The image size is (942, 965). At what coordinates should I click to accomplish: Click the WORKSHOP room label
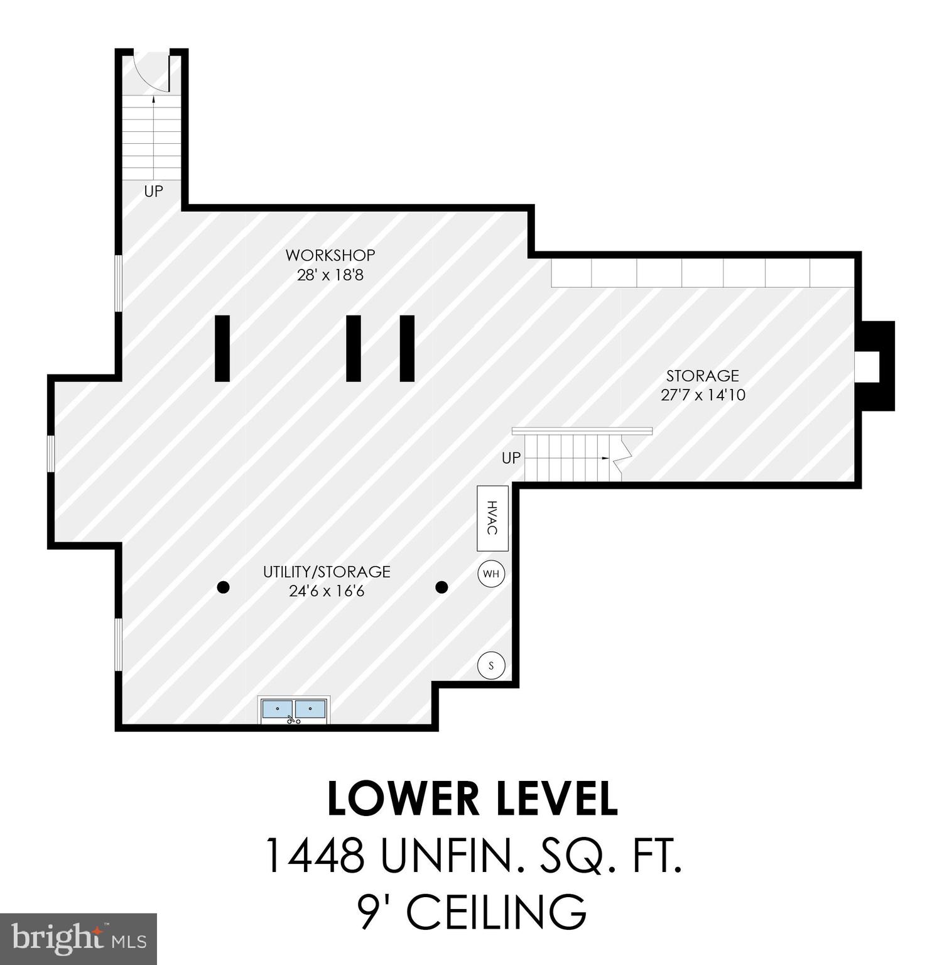330,255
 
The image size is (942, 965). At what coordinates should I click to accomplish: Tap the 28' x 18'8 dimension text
330,275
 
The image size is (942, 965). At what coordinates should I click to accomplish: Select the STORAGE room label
702,376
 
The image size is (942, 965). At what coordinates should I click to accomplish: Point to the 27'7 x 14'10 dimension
703,395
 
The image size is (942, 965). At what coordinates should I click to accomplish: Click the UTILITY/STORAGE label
327,572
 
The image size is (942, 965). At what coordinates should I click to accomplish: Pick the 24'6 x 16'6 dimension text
327,591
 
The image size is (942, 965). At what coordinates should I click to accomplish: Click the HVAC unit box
492,518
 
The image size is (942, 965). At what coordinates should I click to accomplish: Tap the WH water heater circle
491,574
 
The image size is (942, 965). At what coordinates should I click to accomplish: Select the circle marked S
491,665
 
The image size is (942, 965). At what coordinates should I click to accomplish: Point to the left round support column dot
223,587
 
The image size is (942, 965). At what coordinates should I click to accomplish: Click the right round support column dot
441,587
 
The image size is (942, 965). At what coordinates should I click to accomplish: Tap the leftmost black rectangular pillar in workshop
222,348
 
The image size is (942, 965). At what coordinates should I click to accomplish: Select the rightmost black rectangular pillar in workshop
407,348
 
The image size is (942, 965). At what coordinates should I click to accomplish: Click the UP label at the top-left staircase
153,192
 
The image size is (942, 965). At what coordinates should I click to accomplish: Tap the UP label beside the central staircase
511,458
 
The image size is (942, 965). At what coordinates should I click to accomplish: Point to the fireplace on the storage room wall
875,366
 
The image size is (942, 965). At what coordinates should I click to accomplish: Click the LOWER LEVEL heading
472,799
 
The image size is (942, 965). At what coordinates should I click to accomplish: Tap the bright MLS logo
78,939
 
